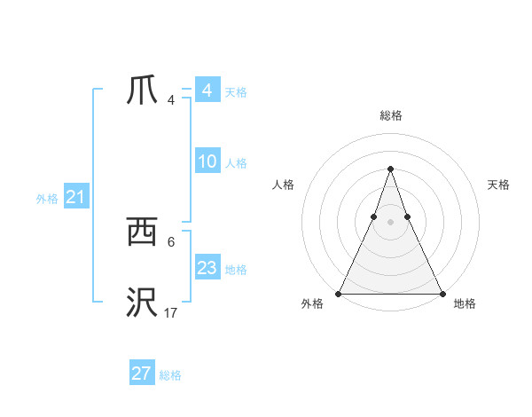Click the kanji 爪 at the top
(x=142, y=90)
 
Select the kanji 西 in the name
(x=142, y=233)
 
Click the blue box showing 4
(x=207, y=90)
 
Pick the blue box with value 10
(x=207, y=161)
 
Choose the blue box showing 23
(x=207, y=268)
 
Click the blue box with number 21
(x=75, y=198)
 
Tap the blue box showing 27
(x=142, y=374)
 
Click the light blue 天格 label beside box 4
(x=236, y=92)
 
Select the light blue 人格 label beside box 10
(x=236, y=163)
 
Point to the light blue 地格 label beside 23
(x=236, y=270)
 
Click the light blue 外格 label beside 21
(x=47, y=200)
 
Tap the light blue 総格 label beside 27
(x=170, y=375)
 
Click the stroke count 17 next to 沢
(x=170, y=312)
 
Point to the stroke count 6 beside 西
(x=171, y=241)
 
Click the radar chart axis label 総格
(x=390, y=115)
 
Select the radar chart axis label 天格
(x=498, y=185)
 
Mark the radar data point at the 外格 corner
(x=340, y=294)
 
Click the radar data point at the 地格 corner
(x=442, y=294)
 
